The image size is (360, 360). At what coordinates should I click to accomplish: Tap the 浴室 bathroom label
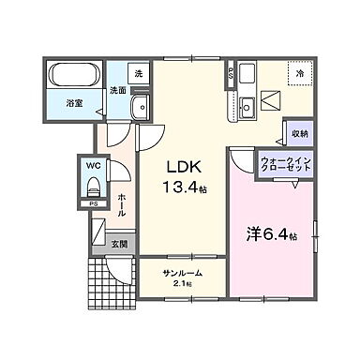(x=74, y=103)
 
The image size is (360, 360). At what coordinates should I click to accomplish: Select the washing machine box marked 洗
(x=139, y=73)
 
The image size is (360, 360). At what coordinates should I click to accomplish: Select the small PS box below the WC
(x=93, y=202)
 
